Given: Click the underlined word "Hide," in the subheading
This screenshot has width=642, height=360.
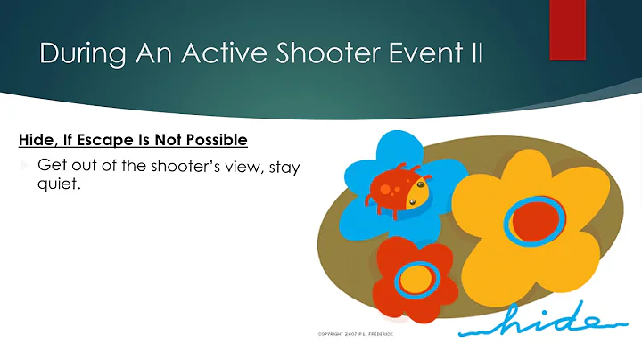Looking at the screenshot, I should click(x=38, y=140).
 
